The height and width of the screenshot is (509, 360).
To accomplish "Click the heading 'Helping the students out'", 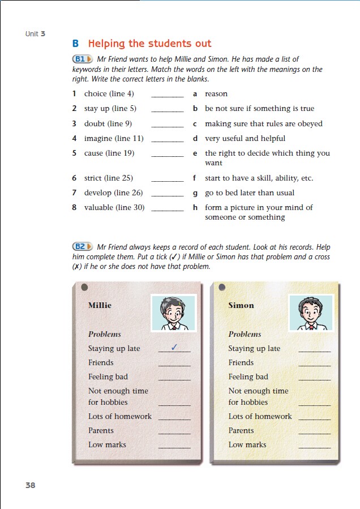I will point(149,44).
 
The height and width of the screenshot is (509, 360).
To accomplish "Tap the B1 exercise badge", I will point(82,59).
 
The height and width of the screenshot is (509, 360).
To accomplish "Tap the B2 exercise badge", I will point(82,247).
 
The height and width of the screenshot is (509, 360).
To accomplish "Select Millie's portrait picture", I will point(173,313).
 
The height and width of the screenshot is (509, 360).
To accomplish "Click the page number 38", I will point(30,485).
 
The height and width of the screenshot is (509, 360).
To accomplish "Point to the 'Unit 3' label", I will point(35,34).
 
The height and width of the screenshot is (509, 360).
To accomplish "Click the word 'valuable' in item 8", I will point(98,207).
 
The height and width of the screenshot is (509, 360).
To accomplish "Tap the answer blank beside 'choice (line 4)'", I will point(168,96).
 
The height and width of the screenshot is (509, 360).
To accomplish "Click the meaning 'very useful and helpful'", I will point(245,138).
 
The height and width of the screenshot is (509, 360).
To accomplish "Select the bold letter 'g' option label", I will point(195,193).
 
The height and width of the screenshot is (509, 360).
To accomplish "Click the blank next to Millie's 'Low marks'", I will point(174,447).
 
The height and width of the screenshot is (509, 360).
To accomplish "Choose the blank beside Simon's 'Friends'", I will point(314,365).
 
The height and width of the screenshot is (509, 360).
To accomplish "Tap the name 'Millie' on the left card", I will point(100,305).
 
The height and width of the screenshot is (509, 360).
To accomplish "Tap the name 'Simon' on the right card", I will point(241,305).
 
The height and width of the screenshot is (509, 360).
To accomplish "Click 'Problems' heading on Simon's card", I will point(245,334).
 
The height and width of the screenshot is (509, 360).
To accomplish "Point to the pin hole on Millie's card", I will point(84,287).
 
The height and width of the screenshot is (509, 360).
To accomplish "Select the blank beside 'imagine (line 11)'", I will point(168,140).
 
